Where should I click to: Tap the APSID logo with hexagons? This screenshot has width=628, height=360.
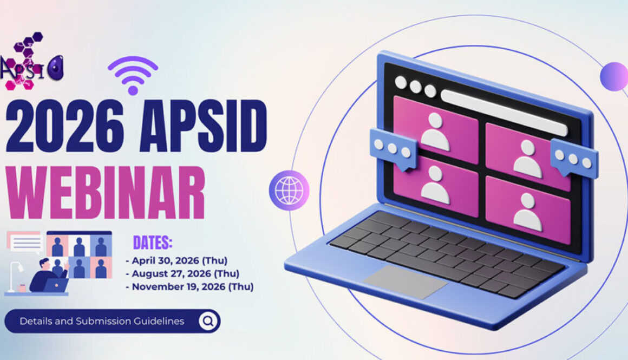click(x=31, y=62)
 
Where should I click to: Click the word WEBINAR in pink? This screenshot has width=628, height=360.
click(x=106, y=193)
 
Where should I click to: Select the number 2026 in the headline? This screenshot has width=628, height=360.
click(x=64, y=126)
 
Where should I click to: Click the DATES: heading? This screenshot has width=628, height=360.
click(x=153, y=243)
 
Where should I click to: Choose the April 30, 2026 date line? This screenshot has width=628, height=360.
click(x=176, y=261)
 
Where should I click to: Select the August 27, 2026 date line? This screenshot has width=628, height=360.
click(x=182, y=273)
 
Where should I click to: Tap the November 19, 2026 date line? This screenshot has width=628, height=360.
click(x=189, y=287)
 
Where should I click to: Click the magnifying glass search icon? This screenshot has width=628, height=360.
click(x=208, y=321)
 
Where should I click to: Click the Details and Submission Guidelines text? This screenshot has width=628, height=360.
click(x=102, y=321)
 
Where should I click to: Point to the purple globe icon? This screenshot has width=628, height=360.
click(x=289, y=191)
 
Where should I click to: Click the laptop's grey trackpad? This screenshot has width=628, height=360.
click(x=405, y=282)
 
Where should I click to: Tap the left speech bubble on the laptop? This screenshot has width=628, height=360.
click(x=394, y=149)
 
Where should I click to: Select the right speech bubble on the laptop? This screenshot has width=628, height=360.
click(x=574, y=158)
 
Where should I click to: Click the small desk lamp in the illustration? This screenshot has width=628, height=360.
click(x=15, y=276)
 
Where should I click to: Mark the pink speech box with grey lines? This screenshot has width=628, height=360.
click(x=25, y=242)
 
